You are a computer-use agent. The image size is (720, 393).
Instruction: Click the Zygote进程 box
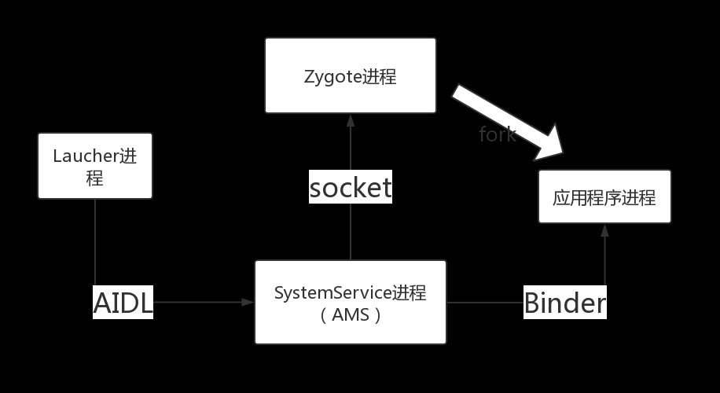coord(351,75)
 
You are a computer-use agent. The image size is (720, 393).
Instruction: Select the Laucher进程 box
coord(95,166)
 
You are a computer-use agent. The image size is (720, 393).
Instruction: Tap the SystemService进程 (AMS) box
coord(351,303)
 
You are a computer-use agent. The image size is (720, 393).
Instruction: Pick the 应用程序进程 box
coord(604,196)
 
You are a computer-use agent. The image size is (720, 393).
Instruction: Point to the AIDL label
coord(123,303)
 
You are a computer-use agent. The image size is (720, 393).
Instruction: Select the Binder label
coord(565,303)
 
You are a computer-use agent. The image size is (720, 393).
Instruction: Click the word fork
coord(498,134)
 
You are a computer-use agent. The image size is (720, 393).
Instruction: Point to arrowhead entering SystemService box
coord(249,303)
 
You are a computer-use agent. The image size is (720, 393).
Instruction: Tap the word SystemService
coord(332,293)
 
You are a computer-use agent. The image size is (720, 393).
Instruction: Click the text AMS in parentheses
coord(350,315)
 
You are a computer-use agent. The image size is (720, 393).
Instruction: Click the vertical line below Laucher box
coord(95,240)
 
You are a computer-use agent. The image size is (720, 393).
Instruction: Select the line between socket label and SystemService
coord(351,232)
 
